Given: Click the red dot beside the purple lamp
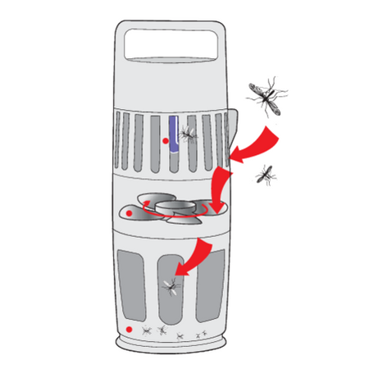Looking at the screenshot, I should click(x=166, y=143).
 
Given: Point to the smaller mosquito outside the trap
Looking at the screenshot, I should click(x=264, y=174).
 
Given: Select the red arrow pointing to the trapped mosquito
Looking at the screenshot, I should click(x=193, y=256).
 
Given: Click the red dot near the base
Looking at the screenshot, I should click(x=130, y=330).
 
